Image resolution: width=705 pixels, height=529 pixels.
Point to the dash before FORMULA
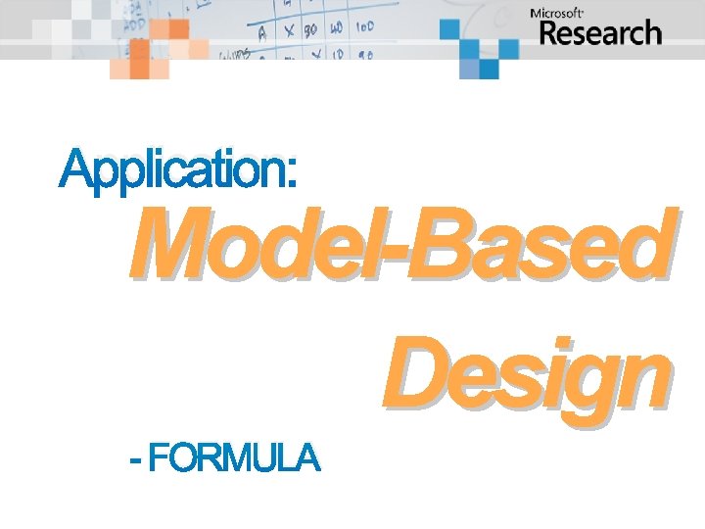pos(135,458)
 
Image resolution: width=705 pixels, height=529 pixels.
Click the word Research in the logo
pos(600,33)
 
